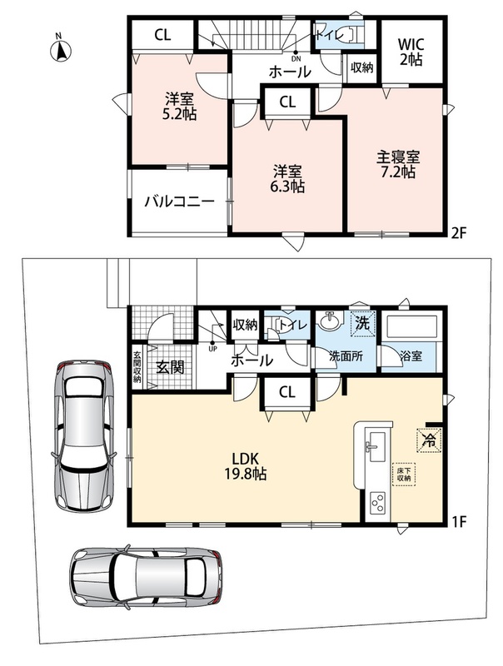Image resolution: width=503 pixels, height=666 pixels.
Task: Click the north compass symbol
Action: coord(60,49)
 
